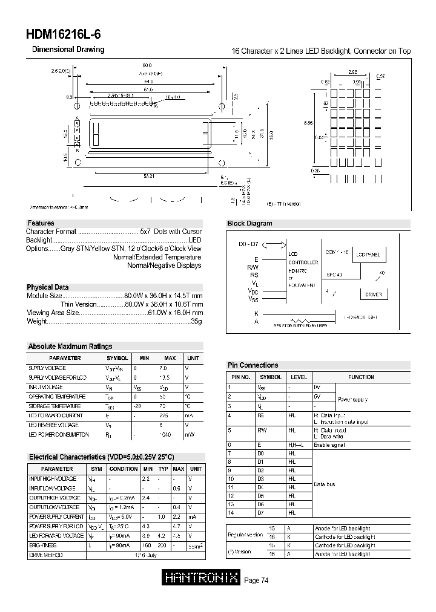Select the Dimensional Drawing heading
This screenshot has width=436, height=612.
(x=68, y=50)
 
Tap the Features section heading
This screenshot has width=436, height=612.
(x=41, y=223)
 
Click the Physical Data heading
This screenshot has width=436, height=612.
(x=48, y=287)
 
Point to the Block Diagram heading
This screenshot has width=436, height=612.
(x=249, y=223)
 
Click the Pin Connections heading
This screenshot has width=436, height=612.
(x=253, y=365)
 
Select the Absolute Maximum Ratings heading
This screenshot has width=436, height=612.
(x=70, y=347)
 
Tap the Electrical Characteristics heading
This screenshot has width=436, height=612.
(x=101, y=457)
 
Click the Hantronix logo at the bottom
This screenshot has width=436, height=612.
(x=202, y=578)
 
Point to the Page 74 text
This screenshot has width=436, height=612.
(x=256, y=581)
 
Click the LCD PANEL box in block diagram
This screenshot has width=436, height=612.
(x=368, y=255)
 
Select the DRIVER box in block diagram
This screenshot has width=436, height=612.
(x=374, y=294)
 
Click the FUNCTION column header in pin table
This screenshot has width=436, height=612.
(x=361, y=377)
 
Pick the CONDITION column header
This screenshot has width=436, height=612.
(x=124, y=469)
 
